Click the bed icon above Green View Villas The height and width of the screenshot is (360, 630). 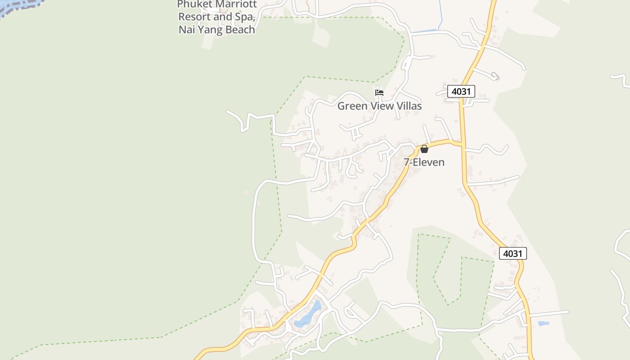click(x=379, y=93)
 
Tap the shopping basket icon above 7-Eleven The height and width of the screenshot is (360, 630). click(x=424, y=149)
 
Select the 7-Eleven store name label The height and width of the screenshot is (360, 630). click(x=424, y=162)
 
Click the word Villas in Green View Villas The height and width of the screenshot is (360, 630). click(x=407, y=106)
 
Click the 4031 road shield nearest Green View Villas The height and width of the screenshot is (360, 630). click(x=461, y=92)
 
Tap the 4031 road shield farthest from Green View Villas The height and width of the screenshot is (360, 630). click(x=513, y=253)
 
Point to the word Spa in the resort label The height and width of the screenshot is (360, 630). click(x=245, y=18)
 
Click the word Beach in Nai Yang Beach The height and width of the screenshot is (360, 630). click(x=241, y=30)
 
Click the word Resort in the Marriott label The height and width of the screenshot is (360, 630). click(x=194, y=17)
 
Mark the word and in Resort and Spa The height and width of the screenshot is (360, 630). click(x=223, y=17)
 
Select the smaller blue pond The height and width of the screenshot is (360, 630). click(x=543, y=324)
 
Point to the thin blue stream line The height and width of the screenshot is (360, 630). click(x=441, y=16)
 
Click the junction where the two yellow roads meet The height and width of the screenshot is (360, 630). click(x=462, y=144)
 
